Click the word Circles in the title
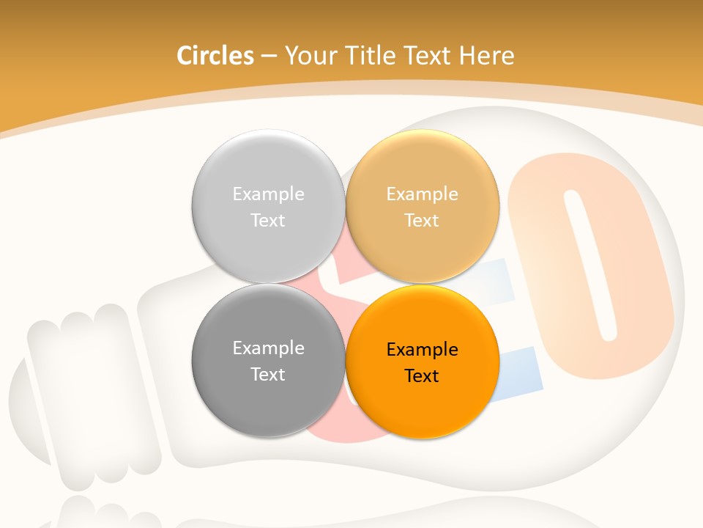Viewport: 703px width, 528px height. tap(215, 56)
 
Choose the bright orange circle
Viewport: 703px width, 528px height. tap(422, 403)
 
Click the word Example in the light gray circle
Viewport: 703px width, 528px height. tap(268, 194)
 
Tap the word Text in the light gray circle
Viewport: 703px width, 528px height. tap(268, 221)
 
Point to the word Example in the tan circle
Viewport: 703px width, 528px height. tap(422, 194)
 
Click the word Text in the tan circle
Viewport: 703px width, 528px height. tap(422, 221)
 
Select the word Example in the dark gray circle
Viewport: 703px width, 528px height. tap(268, 348)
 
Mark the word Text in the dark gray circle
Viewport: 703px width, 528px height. tap(268, 375)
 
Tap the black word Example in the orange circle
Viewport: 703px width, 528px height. tap(422, 349)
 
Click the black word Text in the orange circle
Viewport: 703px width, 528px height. tap(422, 376)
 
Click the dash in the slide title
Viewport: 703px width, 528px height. tap(269, 56)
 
